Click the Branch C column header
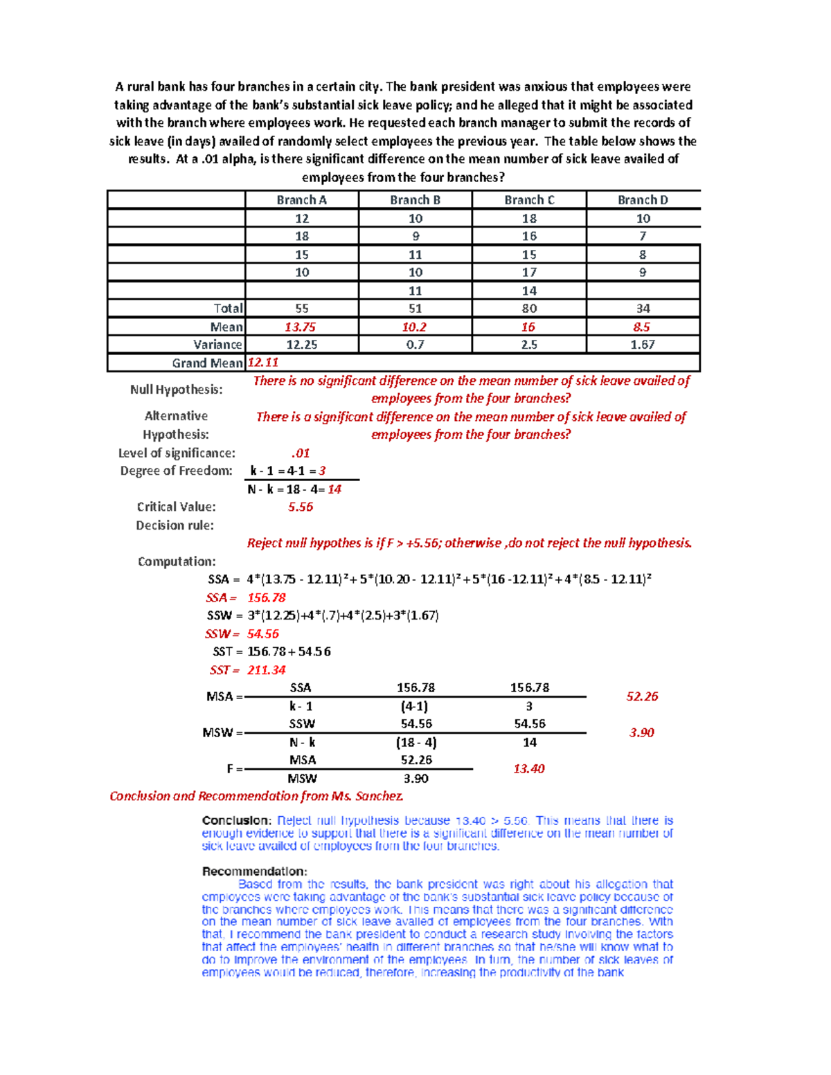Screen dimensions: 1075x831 [x=529, y=200]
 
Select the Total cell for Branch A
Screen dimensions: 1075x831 [x=302, y=309]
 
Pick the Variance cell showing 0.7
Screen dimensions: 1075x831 [x=415, y=345]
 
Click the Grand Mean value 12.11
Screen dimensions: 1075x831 [x=263, y=363]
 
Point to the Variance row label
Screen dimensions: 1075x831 [x=217, y=345]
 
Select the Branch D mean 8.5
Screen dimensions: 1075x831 [x=642, y=327]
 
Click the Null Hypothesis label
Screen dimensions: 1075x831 [x=176, y=390]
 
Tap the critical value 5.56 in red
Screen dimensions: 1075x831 [x=301, y=507]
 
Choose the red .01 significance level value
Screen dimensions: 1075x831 [x=301, y=453]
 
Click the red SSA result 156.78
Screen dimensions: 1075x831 [x=267, y=598]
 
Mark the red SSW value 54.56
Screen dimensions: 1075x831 [x=263, y=634]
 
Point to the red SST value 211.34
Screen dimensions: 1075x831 [x=267, y=670]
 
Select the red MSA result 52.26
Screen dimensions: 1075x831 [x=642, y=696]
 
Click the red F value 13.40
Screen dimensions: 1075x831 [x=529, y=769]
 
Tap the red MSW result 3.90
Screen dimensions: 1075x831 [x=642, y=732]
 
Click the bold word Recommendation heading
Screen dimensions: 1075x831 [x=254, y=871]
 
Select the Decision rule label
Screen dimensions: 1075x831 [x=175, y=525]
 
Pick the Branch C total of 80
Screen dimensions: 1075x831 [x=529, y=309]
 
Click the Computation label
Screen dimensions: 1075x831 [x=177, y=561]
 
